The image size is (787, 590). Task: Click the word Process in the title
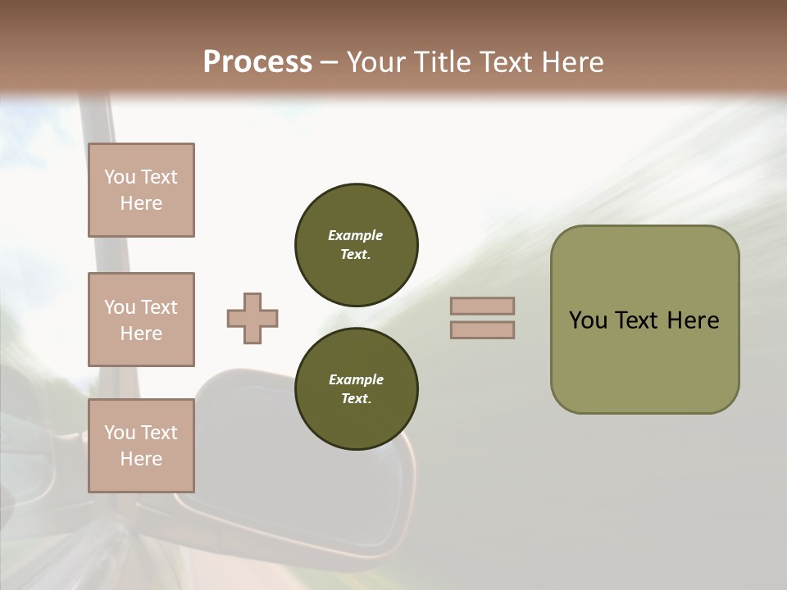[x=257, y=62]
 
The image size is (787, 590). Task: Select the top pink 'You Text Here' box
[x=141, y=190]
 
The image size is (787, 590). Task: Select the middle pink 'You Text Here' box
[x=141, y=320]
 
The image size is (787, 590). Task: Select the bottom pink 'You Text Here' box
[x=141, y=446]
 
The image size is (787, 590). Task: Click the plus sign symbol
[x=252, y=318]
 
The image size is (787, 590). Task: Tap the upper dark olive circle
[x=357, y=244]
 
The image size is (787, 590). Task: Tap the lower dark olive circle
[x=357, y=388]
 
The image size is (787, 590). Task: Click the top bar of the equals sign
[x=482, y=306]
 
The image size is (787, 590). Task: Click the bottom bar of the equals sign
[x=482, y=329]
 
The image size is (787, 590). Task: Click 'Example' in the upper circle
[x=356, y=235]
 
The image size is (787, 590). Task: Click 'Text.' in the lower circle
[x=356, y=398]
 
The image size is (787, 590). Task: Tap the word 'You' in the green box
[x=588, y=320]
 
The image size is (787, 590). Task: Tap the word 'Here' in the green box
[x=693, y=320]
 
